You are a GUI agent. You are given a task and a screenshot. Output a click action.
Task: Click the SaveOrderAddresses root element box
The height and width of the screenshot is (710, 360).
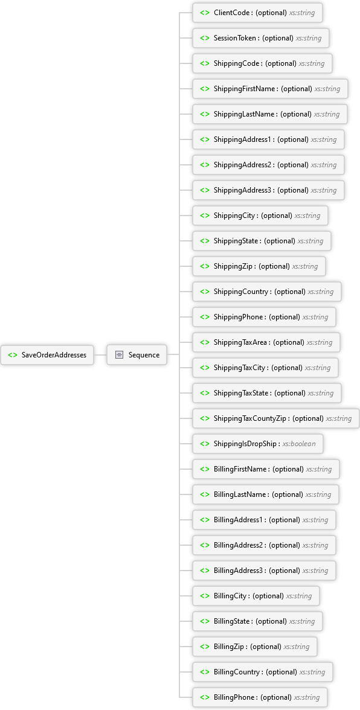(47, 355)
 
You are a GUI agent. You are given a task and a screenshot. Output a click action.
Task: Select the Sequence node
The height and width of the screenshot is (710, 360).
(137, 355)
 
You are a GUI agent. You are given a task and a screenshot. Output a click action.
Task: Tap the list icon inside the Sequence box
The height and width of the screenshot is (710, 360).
(119, 355)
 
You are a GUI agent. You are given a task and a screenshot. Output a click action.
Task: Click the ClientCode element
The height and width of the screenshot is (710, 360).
(257, 13)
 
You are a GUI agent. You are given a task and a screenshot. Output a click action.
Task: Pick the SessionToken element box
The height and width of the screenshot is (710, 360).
(261, 38)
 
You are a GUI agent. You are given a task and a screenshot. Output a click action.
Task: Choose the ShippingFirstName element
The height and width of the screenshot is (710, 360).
(270, 89)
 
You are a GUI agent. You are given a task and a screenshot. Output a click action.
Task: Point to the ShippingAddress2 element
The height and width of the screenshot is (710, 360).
(268, 165)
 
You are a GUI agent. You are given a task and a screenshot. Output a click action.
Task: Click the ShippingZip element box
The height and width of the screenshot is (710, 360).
(259, 266)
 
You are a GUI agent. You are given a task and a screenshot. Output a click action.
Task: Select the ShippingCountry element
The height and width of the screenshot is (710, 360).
(267, 292)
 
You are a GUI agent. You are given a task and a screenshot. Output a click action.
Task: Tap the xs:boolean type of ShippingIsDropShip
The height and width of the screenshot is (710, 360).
(299, 444)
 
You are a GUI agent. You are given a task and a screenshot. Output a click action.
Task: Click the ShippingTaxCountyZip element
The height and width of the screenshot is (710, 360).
(276, 418)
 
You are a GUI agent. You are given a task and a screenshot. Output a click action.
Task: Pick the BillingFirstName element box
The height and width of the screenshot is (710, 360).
(266, 469)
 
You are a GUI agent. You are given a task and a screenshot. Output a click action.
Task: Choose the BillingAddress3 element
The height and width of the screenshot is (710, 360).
(264, 571)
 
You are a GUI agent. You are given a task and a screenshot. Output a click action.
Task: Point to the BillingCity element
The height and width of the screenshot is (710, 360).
(256, 596)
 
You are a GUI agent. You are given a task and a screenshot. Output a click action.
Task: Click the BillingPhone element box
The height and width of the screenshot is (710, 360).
(260, 697)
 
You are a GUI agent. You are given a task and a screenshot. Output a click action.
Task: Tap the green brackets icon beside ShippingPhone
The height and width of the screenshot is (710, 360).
(205, 317)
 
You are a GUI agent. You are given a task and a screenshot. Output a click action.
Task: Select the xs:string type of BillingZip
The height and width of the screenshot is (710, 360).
(297, 647)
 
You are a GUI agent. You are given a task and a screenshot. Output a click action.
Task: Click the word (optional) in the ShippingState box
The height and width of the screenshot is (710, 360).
(280, 241)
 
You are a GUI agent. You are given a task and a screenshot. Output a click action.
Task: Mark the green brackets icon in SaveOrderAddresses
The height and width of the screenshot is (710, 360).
(13, 355)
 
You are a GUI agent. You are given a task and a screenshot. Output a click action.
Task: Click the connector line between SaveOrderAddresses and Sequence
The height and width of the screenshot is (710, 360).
(100, 355)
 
